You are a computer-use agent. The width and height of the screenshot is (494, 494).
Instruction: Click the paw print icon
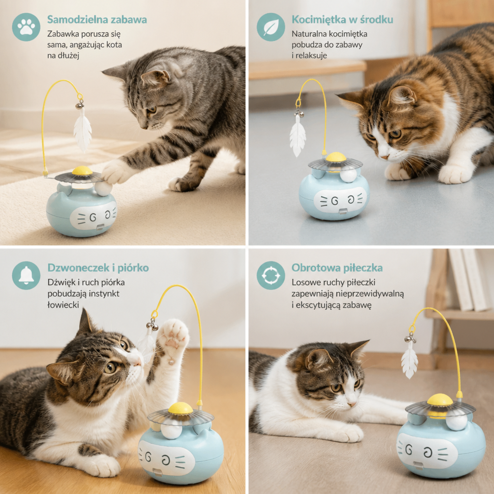26,27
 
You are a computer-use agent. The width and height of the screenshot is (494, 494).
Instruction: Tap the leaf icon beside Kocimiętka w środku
271,27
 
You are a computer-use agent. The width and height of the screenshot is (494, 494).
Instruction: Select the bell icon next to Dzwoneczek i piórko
26,275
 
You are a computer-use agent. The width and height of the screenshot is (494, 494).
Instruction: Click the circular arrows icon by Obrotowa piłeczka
271,275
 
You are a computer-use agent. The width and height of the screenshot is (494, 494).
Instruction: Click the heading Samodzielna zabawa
97,19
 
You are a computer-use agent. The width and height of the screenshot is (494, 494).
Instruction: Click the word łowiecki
63,305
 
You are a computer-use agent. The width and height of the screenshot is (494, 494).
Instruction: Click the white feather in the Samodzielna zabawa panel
82,128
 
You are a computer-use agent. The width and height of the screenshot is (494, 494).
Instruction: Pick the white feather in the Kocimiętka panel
297,136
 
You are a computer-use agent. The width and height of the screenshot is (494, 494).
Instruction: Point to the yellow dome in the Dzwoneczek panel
180,408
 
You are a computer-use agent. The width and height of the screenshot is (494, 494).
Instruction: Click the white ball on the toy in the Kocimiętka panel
348,175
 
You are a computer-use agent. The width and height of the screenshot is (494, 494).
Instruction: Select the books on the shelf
469,279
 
